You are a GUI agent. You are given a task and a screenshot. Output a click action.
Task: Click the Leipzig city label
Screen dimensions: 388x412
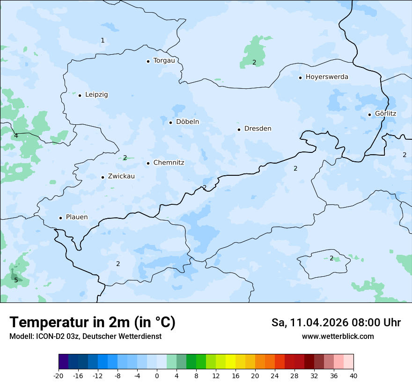pyautogui.click(x=96, y=94)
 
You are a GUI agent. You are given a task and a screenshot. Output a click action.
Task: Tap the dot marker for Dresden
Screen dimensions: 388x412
pyautogui.click(x=239, y=129)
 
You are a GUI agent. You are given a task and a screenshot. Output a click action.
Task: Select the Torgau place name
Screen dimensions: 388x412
pyautogui.click(x=164, y=60)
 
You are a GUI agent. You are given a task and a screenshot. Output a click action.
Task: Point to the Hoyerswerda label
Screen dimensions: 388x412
pyautogui.click(x=327, y=77)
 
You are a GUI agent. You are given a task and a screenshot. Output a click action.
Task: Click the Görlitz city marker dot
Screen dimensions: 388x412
pyautogui.click(x=369, y=114)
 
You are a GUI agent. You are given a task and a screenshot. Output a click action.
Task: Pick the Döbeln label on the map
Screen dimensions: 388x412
pyautogui.click(x=187, y=122)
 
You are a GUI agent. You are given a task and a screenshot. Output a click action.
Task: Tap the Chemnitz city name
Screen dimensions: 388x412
pyautogui.click(x=169, y=163)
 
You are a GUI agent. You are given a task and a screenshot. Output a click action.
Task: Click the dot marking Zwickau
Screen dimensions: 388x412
pyautogui.click(x=103, y=177)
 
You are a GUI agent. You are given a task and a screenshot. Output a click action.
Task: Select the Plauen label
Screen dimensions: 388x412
pyautogui.click(x=77, y=217)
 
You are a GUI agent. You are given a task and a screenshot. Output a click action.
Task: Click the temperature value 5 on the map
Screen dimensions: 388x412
pyautogui.click(x=16, y=280)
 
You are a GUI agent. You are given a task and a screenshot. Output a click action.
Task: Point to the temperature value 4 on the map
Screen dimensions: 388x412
pyautogui.click(x=16, y=136)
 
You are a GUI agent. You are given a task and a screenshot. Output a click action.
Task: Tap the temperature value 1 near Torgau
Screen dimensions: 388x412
pyautogui.click(x=103, y=40)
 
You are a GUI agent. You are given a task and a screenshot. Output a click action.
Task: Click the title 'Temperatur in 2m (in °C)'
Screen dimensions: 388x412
pyautogui.click(x=92, y=322)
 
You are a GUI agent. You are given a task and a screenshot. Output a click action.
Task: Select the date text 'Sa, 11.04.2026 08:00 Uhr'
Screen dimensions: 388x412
pyautogui.click(x=336, y=323)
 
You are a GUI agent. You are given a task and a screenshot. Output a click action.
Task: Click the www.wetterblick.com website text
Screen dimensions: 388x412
pyautogui.click(x=338, y=336)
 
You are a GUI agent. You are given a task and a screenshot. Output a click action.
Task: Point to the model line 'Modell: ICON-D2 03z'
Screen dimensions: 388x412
pyautogui.click(x=85, y=336)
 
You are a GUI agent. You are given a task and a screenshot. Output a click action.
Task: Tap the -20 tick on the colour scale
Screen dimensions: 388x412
pyautogui.click(x=59, y=376)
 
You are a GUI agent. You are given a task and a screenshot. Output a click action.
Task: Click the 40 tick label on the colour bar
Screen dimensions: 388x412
pyautogui.click(x=353, y=376)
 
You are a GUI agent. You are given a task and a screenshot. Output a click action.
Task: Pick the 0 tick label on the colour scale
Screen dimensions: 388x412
pyautogui.click(x=157, y=376)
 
